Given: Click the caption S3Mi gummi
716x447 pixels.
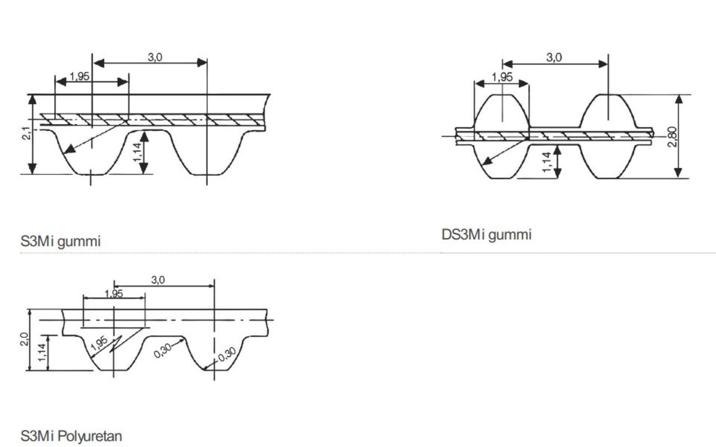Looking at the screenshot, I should (61, 241).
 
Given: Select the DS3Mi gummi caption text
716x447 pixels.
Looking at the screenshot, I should (486, 235).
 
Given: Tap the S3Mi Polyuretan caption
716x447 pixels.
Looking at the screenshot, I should (71, 436).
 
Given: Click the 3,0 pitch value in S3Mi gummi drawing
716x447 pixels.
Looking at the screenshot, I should (155, 57).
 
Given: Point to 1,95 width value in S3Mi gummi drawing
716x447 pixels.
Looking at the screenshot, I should (79, 76).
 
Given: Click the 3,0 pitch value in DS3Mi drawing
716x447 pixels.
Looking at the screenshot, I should (554, 58).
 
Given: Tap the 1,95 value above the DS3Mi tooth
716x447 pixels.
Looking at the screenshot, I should (502, 77).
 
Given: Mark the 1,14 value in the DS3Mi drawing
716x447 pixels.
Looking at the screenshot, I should (547, 161).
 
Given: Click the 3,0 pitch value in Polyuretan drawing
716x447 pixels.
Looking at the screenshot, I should (158, 280).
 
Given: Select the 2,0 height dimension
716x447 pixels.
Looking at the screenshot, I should (24, 339).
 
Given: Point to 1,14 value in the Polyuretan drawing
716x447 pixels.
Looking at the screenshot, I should (42, 352).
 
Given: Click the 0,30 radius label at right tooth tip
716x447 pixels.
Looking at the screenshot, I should (227, 354).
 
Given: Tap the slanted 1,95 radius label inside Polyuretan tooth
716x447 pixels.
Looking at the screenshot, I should (99, 343).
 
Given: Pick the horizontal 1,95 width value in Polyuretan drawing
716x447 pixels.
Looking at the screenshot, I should (114, 293).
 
